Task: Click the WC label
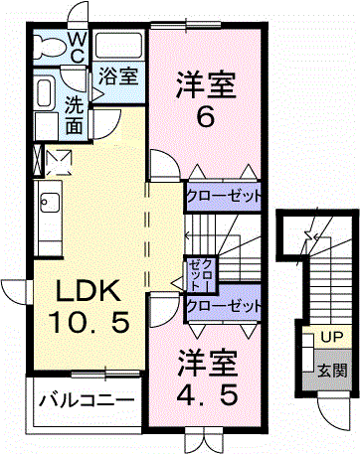(77, 47)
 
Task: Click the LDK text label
(88, 292)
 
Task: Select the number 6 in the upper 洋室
(206, 117)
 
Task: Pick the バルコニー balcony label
(88, 401)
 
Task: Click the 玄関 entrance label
(333, 372)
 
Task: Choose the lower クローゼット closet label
(225, 305)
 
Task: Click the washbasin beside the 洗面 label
(45, 94)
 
